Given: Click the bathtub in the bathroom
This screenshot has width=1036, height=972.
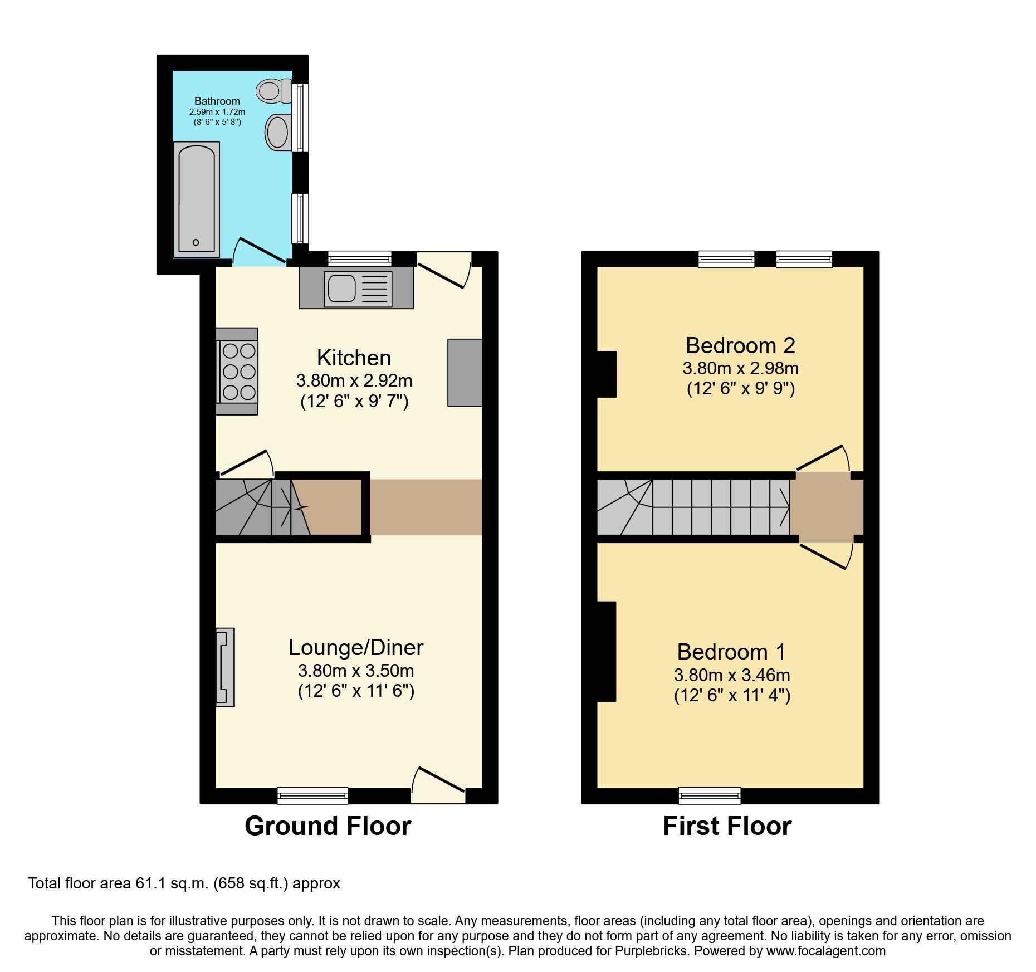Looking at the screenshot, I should point(197,199).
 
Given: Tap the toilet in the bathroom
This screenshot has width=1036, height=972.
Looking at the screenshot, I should point(273,91).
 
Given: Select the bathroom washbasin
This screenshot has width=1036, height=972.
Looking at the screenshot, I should point(278,133).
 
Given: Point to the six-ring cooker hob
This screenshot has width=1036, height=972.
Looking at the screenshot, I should point(239,372).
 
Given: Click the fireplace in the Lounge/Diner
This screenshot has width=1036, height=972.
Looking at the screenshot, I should point(226,667).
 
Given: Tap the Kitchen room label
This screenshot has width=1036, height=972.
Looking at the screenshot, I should point(354,358).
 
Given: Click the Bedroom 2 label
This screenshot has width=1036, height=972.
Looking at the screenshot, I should point(740,345).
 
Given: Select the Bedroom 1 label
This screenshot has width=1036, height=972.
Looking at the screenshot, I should point(731,652).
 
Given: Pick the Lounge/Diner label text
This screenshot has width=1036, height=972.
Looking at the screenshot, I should point(356,647).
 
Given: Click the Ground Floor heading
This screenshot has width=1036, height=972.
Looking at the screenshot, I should point(328,826).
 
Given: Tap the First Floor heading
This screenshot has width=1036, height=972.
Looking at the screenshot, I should point(727,826).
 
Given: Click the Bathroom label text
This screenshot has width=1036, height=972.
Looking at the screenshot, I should point(217,101).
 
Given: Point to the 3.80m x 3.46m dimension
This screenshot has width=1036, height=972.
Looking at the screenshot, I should point(732,675).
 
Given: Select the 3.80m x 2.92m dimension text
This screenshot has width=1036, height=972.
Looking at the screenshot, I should point(354,381).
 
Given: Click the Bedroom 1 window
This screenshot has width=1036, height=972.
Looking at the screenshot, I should point(710,795).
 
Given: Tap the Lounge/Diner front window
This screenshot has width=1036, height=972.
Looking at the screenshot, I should point(312,795).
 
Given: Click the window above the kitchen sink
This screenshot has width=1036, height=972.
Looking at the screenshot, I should point(360,258).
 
